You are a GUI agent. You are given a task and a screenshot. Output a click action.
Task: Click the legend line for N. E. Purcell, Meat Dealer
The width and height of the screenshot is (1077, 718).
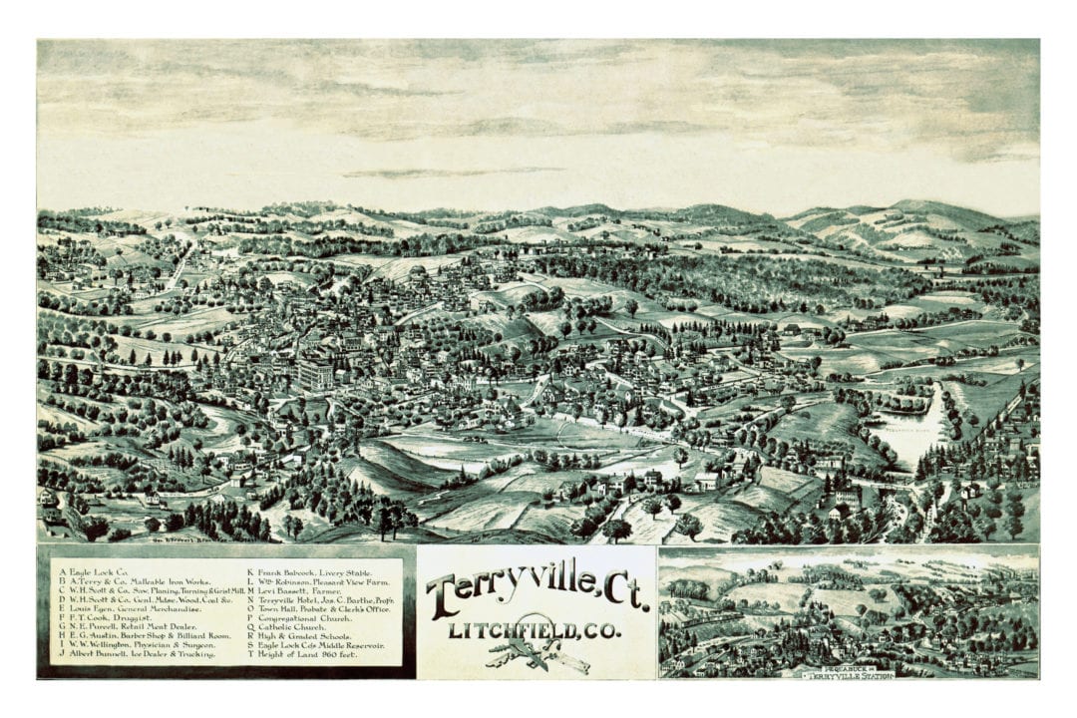click(x=130, y=627)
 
